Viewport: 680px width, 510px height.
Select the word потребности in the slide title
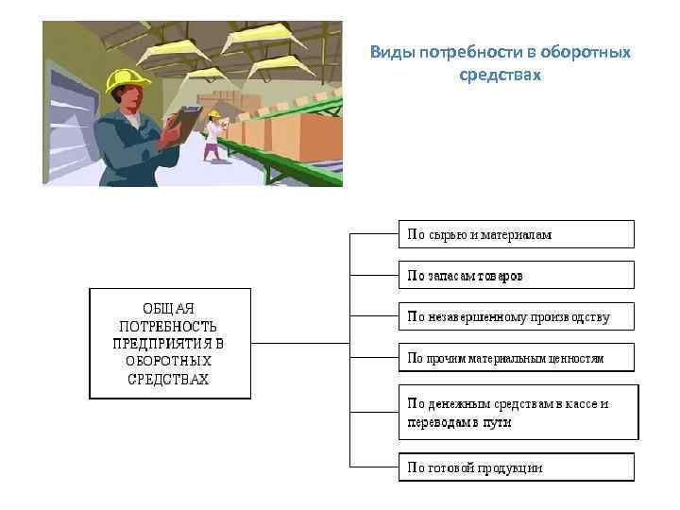tap(457, 52)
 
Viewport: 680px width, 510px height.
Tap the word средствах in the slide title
tap(500, 73)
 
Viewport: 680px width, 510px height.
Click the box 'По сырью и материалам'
tap(516, 234)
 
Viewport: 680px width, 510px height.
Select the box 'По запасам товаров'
tap(516, 275)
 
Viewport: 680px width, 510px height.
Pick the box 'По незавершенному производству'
tap(516, 316)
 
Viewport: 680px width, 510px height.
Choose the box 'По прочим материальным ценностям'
tap(516, 358)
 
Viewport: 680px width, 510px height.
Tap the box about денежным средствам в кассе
tap(518, 412)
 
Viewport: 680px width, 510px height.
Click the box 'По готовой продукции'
tap(516, 467)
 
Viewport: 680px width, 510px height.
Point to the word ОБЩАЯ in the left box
tap(168, 308)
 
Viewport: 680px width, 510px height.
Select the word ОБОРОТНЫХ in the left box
tap(169, 361)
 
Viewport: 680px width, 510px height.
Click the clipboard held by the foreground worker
tap(188, 123)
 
